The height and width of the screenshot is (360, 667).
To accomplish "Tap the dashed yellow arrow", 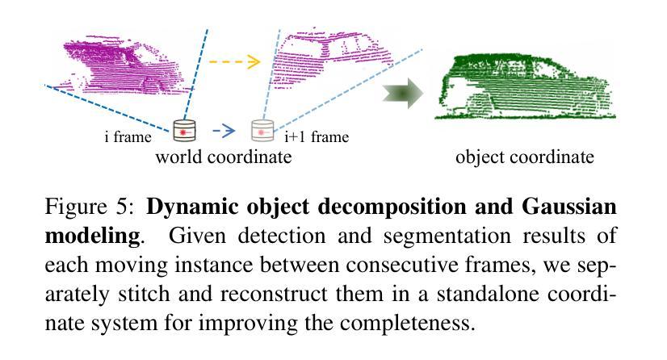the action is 234,61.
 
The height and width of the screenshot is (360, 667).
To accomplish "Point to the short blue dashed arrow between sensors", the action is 224,128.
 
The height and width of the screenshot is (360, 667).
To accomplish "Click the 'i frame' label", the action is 128,136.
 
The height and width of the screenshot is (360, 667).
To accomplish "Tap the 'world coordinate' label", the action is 223,157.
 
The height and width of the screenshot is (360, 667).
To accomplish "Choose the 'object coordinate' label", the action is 524,157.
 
